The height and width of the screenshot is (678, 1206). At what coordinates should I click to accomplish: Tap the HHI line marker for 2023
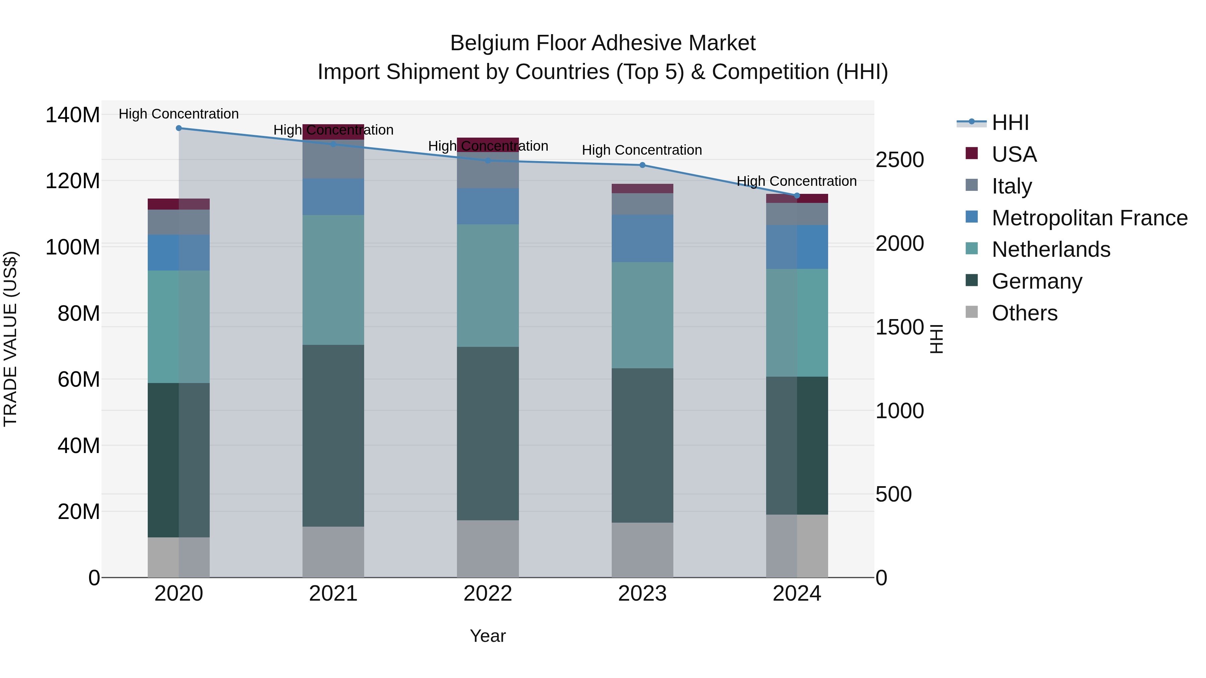pos(642,165)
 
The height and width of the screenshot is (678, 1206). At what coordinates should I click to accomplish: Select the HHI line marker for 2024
pos(797,196)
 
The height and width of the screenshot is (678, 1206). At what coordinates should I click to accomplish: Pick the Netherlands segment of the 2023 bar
pos(642,315)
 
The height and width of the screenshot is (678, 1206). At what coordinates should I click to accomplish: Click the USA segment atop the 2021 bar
pos(333,132)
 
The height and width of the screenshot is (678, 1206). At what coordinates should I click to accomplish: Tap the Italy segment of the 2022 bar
pos(488,170)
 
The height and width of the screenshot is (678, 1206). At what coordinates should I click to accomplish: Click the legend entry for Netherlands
pos(1051,249)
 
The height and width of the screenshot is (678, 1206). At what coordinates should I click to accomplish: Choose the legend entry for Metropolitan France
pos(1089,218)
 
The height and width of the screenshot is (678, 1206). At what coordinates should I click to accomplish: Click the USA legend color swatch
pos(972,153)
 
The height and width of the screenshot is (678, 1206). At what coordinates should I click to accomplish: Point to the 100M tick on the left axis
pos(73,246)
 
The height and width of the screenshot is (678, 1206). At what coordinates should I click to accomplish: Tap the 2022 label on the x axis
pos(488,594)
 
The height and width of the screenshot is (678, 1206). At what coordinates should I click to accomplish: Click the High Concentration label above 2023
pos(642,150)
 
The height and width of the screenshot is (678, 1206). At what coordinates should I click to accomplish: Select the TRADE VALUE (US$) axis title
pos(10,339)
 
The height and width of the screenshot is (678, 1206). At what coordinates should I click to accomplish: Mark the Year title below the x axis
pos(488,636)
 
